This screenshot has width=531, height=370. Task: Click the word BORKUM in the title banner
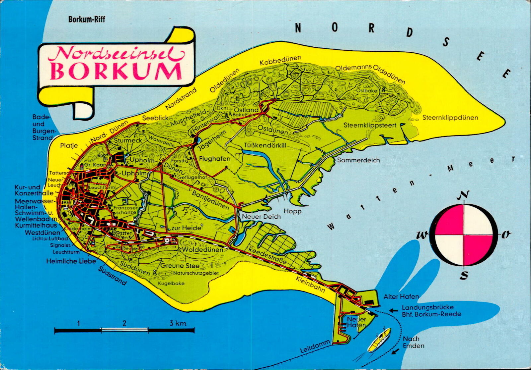(116, 71)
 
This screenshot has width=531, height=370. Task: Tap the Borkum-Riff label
(87, 19)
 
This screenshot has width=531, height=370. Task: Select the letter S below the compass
(464, 275)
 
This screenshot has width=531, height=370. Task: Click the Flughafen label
(214, 159)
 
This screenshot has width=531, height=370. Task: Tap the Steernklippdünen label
(450, 118)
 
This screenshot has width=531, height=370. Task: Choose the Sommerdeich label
(358, 160)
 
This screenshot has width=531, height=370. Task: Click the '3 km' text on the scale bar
(178, 323)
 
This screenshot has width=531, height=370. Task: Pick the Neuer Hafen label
(356, 322)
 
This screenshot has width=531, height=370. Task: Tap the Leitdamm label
(315, 345)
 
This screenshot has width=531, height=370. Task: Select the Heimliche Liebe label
(71, 261)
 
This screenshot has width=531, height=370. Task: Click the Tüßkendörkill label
(265, 145)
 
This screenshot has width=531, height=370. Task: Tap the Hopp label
(292, 211)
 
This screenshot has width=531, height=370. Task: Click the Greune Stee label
(180, 266)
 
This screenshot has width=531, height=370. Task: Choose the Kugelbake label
(171, 284)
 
